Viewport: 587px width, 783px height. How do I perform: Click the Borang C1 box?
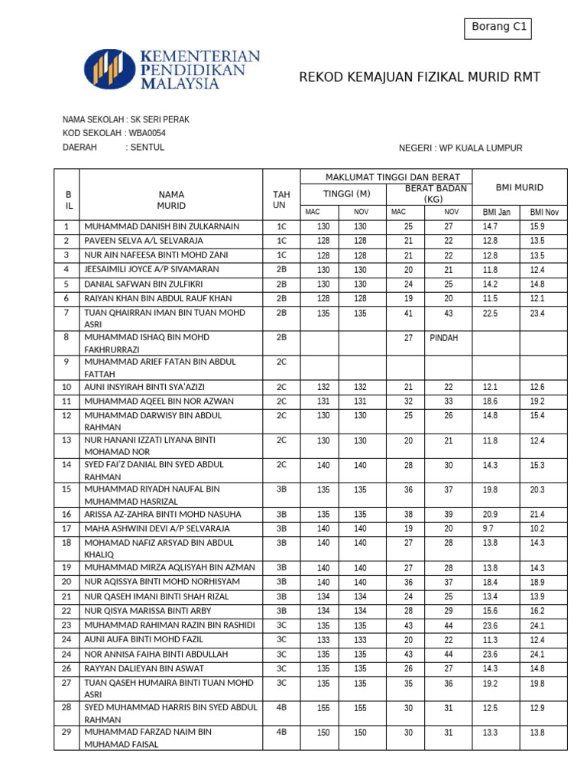(x=498, y=28)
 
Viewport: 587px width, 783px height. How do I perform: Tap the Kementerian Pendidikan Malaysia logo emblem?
(x=109, y=69)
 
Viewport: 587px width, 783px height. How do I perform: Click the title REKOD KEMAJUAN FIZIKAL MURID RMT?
(x=419, y=77)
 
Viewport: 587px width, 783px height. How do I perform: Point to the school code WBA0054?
(x=148, y=134)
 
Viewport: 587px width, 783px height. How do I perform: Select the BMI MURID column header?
(x=519, y=187)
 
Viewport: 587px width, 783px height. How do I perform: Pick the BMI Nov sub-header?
(x=543, y=212)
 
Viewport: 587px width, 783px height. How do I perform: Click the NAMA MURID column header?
(x=171, y=200)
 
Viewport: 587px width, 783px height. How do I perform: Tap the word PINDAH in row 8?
(x=443, y=338)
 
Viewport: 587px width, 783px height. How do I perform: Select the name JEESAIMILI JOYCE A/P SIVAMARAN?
(x=151, y=269)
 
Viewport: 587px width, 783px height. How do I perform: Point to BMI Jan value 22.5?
(x=490, y=313)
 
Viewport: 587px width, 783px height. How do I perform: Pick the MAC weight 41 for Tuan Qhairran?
(x=408, y=313)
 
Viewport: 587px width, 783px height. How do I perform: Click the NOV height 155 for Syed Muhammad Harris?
(x=360, y=709)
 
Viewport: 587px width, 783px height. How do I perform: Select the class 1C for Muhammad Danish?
(x=281, y=226)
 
